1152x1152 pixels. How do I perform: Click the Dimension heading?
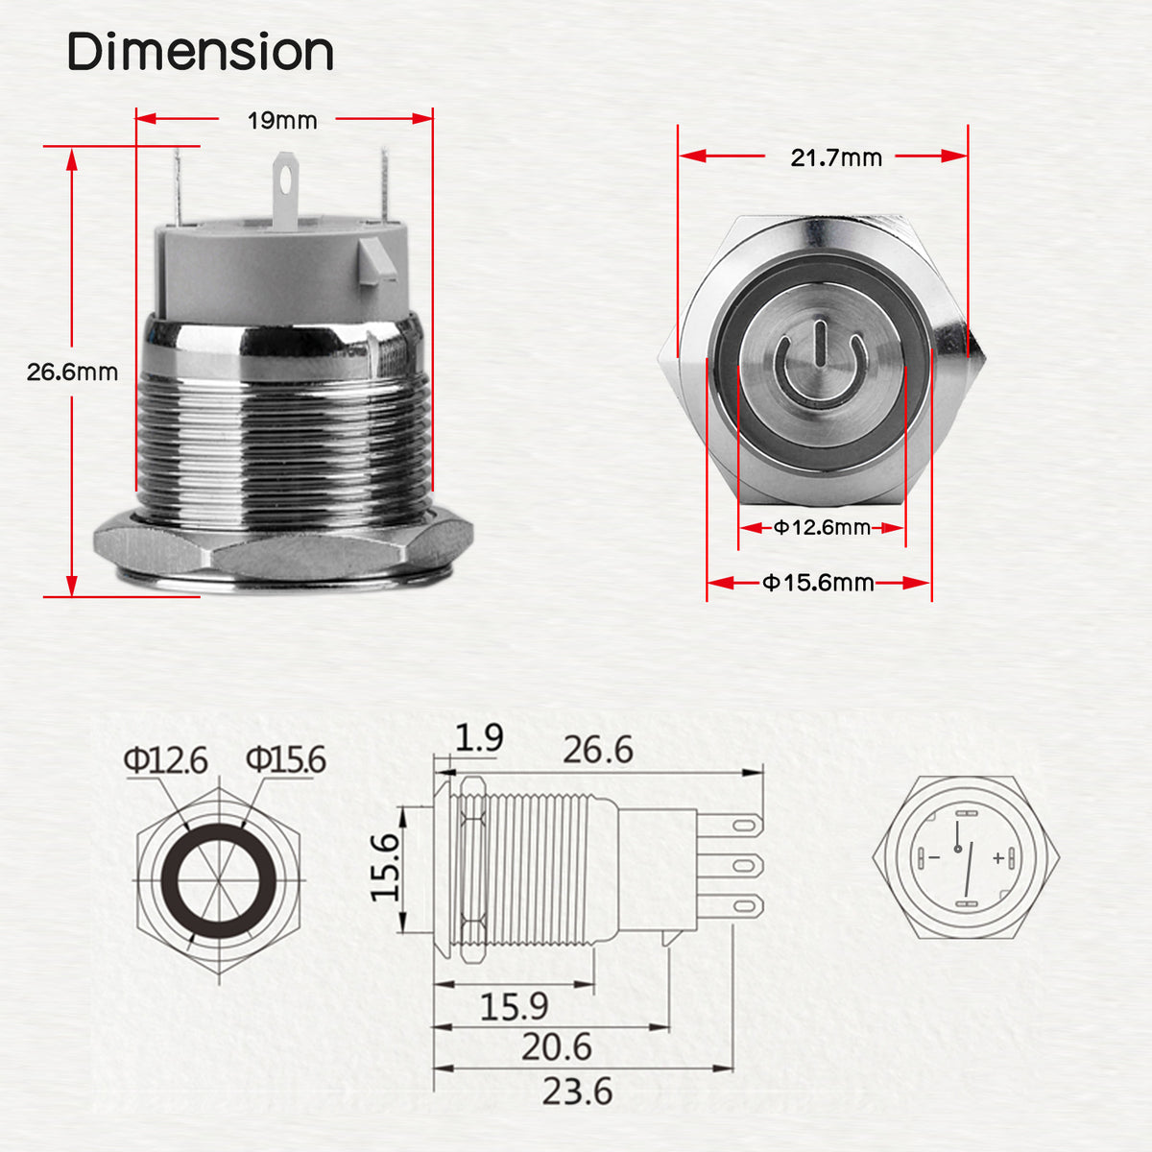200,52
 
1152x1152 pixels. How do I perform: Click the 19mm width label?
282,121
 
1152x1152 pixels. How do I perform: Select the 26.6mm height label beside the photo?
72,372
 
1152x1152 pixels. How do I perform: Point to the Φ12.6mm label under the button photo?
822,527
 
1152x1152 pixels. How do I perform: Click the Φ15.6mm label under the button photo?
818,583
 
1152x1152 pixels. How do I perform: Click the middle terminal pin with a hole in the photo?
284,192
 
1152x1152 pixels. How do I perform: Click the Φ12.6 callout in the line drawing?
165,760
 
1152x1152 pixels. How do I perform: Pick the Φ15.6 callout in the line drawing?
285,759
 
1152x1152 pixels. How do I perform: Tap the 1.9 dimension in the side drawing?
479,738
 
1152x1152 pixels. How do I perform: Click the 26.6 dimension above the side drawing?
597,750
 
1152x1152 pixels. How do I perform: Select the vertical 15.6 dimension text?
385,867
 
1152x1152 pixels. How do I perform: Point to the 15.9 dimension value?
514,1006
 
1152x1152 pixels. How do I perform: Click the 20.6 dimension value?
557,1047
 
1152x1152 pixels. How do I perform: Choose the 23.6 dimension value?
576,1092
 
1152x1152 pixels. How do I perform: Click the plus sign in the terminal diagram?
998,857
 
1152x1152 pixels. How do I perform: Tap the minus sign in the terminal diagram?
933,856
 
